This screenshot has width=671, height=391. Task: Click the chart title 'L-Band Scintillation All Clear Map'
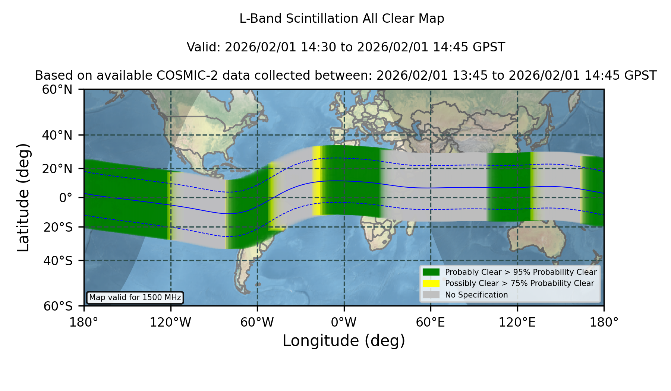[342, 19]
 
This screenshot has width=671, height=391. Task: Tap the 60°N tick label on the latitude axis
[57, 90]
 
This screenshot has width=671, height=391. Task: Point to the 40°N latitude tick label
[57, 135]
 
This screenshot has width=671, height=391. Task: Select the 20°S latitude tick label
[58, 227]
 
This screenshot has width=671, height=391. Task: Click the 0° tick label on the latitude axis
[66, 198]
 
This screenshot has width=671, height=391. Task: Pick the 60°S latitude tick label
[58, 306]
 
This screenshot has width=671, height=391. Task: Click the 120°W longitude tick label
[170, 322]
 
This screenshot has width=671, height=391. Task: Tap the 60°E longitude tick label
[431, 322]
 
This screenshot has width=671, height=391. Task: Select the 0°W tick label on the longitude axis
[344, 322]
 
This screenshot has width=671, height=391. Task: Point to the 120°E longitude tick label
[517, 322]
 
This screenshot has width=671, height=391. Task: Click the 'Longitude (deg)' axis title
[344, 341]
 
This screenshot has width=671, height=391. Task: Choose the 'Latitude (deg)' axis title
[23, 197]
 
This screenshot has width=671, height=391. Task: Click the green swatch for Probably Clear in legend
[431, 272]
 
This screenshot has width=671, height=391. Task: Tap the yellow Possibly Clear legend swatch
[431, 283]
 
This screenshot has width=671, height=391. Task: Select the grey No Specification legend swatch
[431, 295]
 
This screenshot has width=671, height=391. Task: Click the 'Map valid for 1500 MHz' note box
[135, 298]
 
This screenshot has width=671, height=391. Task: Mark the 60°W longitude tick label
[257, 322]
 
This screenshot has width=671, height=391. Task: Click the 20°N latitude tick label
[57, 169]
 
